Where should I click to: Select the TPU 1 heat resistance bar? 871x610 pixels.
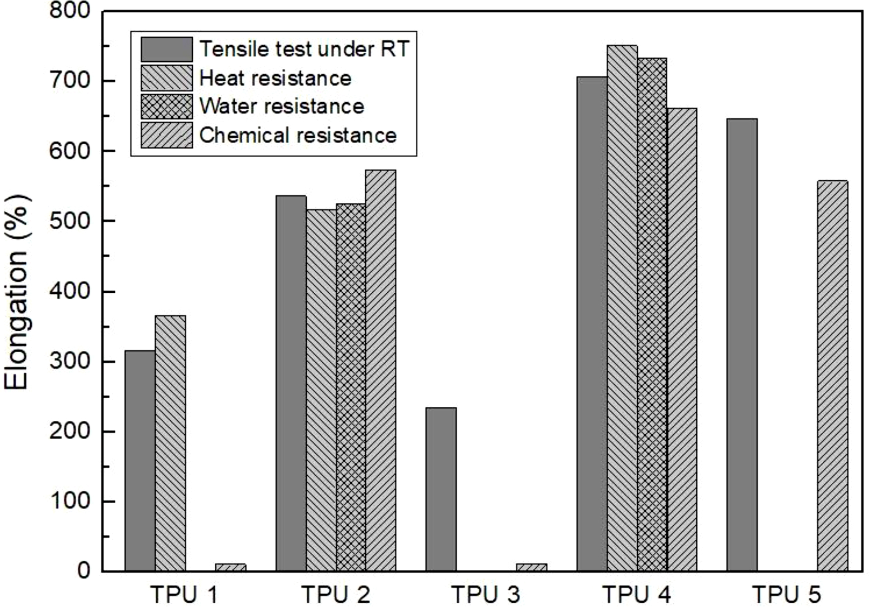170,443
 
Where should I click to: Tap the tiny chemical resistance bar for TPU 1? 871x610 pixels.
231,567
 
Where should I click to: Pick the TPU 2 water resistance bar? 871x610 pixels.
351,387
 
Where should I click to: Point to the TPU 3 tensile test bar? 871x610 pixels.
441,489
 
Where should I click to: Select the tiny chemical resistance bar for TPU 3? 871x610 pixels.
531,567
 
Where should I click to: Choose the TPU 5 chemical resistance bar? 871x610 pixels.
833,376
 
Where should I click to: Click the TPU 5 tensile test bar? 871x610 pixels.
742,345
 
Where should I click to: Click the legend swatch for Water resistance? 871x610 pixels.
167,106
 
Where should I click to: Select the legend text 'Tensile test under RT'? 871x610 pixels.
304,49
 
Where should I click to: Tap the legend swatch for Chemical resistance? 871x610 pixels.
167,135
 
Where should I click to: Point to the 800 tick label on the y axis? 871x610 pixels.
70,11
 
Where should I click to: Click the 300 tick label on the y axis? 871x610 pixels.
70,361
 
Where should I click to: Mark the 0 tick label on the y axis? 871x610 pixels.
83,571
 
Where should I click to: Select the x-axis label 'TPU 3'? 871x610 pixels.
485,594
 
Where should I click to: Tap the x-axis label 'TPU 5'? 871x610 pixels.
786,594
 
